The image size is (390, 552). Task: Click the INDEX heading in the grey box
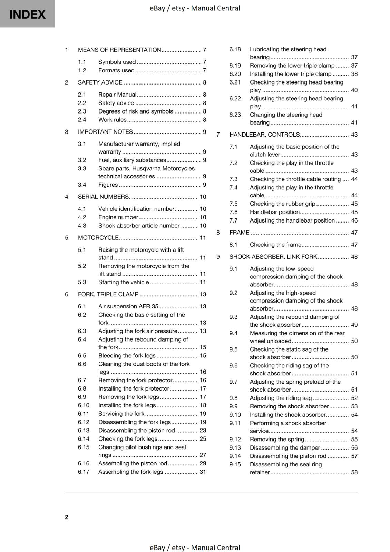(27, 14)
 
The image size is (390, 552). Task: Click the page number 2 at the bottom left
(67, 517)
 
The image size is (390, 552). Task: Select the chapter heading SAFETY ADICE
(100, 82)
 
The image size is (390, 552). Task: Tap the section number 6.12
(84, 422)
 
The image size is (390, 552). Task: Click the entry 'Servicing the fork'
(121, 414)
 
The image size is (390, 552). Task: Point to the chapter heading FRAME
(239, 233)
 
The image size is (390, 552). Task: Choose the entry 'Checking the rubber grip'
(282, 204)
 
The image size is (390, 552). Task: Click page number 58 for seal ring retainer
(354, 472)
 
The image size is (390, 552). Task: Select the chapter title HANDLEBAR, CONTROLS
(264, 135)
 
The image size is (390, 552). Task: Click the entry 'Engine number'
(118, 217)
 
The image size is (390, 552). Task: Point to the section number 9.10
(235, 415)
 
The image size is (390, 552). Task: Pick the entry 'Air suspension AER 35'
(128, 306)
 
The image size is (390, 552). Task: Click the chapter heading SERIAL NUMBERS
(103, 197)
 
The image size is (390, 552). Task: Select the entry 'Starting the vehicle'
(124, 282)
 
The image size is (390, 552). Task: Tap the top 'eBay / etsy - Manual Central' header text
(195, 8)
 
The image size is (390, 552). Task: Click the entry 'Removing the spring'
(277, 439)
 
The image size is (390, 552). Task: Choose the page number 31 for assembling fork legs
(203, 472)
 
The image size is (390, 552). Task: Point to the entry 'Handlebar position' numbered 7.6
(274, 212)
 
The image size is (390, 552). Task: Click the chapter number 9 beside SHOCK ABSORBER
(218, 257)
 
